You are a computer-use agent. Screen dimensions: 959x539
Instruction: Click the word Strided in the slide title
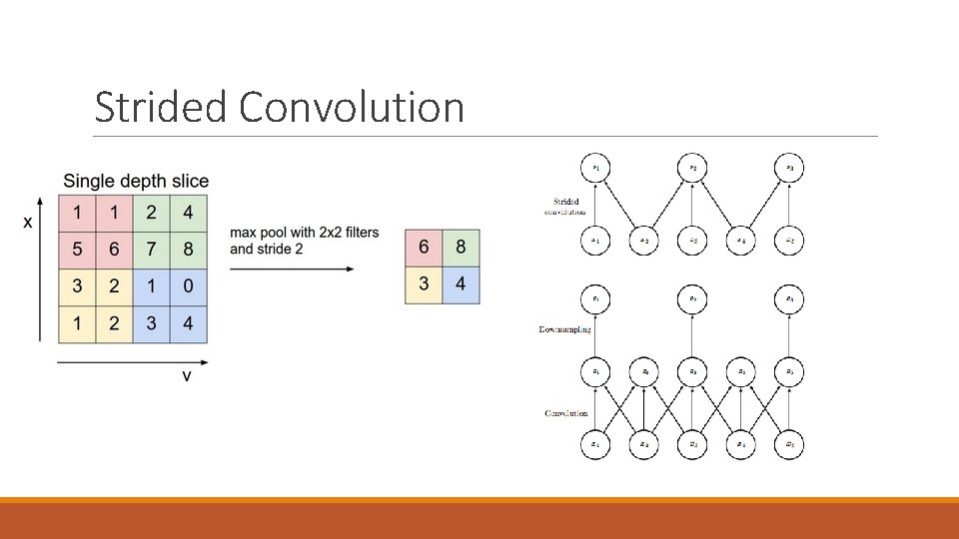pyautogui.click(x=160, y=107)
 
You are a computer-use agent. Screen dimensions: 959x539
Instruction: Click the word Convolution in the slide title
pyautogui.click(x=352, y=107)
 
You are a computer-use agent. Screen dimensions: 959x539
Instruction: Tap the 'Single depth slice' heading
pyautogui.click(x=136, y=181)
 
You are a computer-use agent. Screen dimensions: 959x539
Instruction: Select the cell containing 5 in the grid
pyautogui.click(x=77, y=250)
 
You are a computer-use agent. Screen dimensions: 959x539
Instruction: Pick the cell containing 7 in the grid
pyautogui.click(x=151, y=250)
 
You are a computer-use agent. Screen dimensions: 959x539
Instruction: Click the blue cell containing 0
pyautogui.click(x=188, y=287)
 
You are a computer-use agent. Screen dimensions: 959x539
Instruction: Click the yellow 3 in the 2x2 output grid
pyautogui.click(x=424, y=285)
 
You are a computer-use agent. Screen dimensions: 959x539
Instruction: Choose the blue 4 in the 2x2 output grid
pyautogui.click(x=461, y=285)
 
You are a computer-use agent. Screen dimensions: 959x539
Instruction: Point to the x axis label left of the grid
pyautogui.click(x=28, y=222)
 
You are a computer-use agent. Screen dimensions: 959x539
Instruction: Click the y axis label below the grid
pyautogui.click(x=187, y=375)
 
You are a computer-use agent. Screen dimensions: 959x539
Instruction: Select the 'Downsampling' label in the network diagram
pyautogui.click(x=564, y=328)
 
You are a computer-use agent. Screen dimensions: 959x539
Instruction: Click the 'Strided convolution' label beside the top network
pyautogui.click(x=565, y=207)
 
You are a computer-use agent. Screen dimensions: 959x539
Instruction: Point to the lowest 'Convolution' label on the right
pyautogui.click(x=565, y=413)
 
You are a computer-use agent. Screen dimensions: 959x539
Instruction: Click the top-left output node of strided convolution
pyautogui.click(x=596, y=168)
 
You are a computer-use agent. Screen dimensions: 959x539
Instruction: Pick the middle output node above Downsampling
pyautogui.click(x=692, y=298)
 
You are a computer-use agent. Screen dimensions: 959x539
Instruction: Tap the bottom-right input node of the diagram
pyautogui.click(x=789, y=444)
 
